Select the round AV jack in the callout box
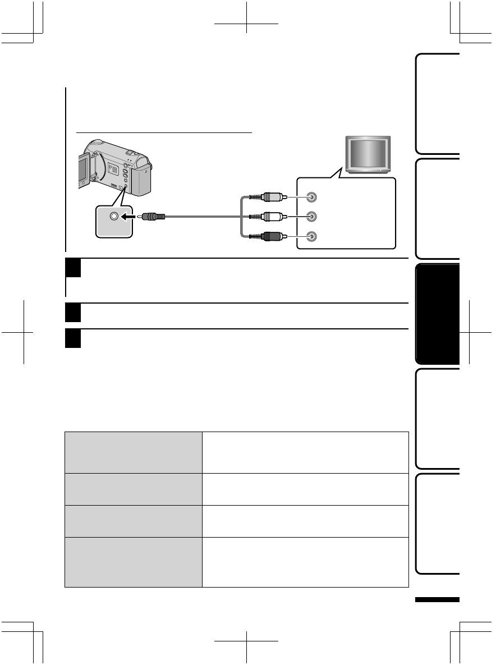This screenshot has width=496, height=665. coord(114,217)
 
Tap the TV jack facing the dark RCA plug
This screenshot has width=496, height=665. coord(312,237)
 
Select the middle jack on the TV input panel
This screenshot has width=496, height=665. coord(312,217)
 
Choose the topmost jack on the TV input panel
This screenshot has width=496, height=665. coord(312,198)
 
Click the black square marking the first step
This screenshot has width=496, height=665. coord(74,268)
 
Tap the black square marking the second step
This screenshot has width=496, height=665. coord(74,313)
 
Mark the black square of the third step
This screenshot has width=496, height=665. coord(74,338)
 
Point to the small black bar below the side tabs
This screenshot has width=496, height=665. coord(437,600)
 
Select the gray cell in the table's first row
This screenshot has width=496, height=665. coord(133,452)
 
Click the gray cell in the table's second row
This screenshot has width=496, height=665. coord(133,489)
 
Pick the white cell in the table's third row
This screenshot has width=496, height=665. coord(305,521)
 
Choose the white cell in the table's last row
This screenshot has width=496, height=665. coord(305,562)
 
